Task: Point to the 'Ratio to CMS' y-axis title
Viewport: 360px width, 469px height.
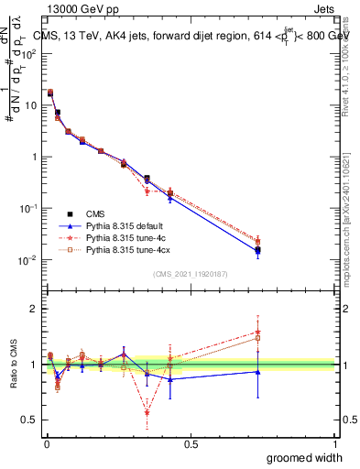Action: [13, 365]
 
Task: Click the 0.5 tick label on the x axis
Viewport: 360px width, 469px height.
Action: [191, 443]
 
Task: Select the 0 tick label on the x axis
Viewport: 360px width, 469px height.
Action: [47, 443]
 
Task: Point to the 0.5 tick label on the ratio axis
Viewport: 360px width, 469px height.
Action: [28, 420]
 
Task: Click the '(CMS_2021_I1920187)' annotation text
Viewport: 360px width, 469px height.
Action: [190, 273]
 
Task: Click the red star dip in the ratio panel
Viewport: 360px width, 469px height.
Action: [147, 412]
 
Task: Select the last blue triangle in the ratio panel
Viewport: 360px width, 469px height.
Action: [257, 371]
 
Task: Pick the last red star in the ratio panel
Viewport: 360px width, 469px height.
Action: [257, 333]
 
